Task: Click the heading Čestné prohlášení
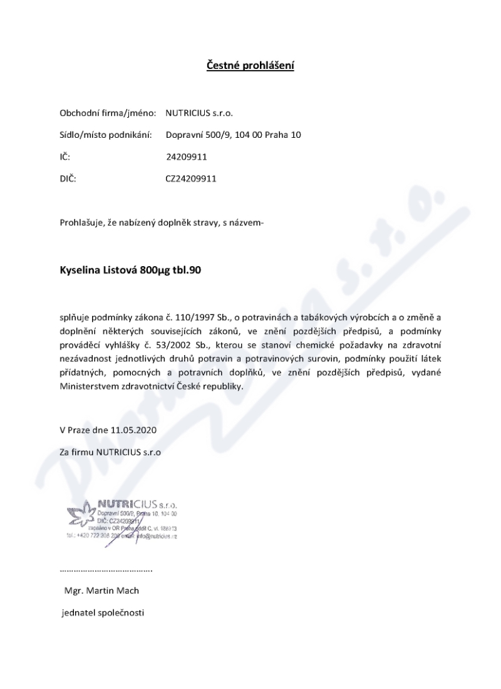pos(250,65)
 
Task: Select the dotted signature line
pos(106,571)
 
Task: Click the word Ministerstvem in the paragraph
pos(89,387)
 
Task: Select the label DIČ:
pos(68,178)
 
